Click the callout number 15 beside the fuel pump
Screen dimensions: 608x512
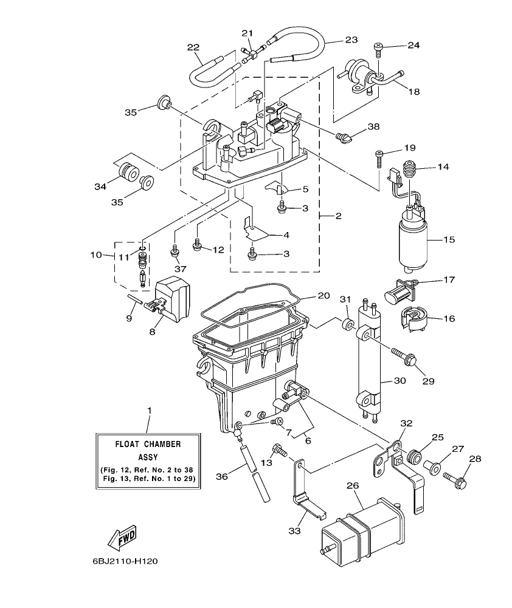click(448, 240)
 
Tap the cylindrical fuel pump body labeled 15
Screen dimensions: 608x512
click(413, 243)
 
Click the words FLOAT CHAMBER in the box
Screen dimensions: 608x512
click(148, 443)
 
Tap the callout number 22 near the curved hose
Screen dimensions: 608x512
click(193, 47)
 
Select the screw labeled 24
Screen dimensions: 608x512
click(378, 46)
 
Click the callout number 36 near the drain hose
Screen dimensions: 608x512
click(223, 477)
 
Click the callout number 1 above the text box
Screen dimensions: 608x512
click(149, 411)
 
